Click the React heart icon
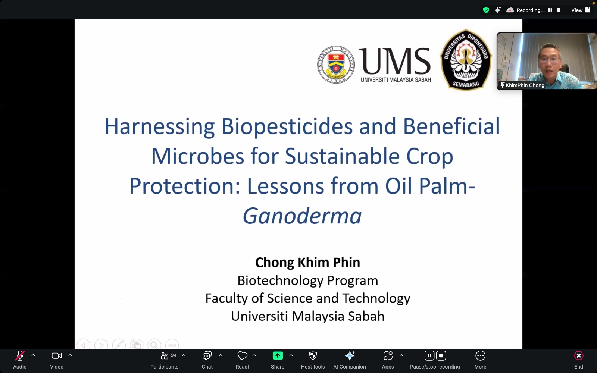(242, 356)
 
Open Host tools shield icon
(313, 356)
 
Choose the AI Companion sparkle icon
(350, 356)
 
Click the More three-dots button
(480, 356)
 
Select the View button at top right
(581, 10)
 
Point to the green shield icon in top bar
(486, 10)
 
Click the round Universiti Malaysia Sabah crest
(336, 65)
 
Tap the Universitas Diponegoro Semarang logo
(466, 60)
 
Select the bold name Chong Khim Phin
(307, 263)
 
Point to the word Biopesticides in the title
(287, 126)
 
